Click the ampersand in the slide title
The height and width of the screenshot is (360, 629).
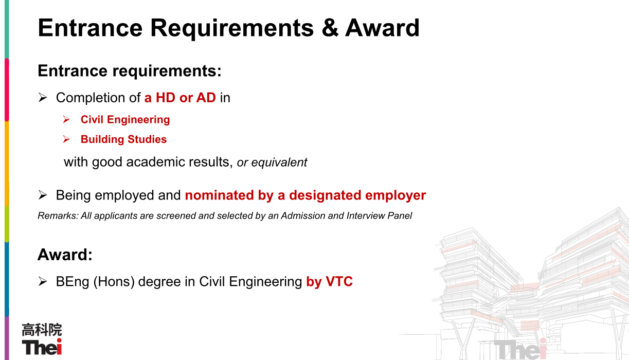[330, 28]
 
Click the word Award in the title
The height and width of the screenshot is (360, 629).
[382, 28]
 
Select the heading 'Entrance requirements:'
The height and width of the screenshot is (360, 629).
[130, 71]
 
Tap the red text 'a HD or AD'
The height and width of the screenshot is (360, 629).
[180, 98]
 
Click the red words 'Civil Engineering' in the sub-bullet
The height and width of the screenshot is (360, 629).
[125, 120]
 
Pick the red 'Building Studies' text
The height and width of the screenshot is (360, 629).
[123, 139]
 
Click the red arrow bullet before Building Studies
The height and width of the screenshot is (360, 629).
[66, 139]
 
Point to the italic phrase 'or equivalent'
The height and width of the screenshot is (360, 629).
[272, 163]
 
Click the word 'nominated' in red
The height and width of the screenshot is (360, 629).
[219, 195]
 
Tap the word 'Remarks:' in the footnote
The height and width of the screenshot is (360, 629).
[58, 215]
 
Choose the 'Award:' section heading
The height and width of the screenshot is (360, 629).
[65, 255]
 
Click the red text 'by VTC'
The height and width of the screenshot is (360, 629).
[329, 281]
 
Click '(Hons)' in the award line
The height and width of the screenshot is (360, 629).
[114, 282]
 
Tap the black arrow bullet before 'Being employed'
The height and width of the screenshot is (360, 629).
[42, 195]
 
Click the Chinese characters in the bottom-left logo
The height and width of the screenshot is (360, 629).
[42, 330]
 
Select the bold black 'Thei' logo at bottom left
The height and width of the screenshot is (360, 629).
[42, 347]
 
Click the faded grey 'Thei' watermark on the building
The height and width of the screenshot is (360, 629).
[520, 349]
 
